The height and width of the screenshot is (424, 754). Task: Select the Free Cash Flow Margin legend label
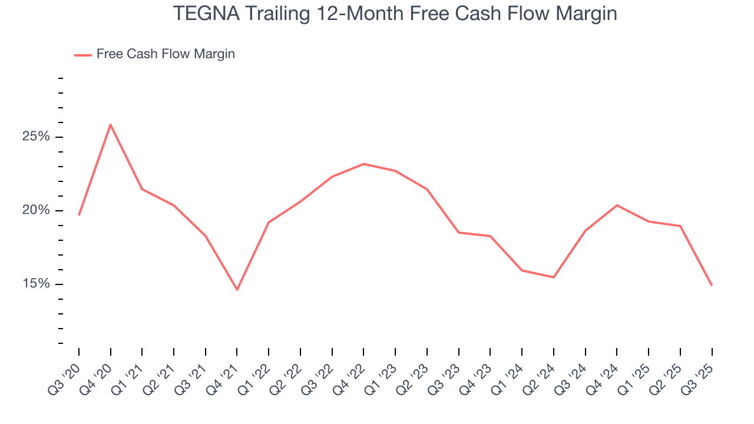tap(166, 54)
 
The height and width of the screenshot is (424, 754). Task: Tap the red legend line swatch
tap(82, 55)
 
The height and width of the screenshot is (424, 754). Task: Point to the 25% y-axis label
tap(35, 137)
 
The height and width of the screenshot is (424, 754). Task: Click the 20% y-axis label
tap(35, 211)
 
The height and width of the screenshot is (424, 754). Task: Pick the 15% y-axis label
tap(35, 284)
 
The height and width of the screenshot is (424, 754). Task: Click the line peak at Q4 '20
tap(110, 124)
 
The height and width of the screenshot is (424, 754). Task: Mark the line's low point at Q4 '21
tap(237, 290)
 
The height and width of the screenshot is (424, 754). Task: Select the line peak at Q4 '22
tap(363, 164)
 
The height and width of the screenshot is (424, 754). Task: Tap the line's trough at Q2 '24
tap(554, 277)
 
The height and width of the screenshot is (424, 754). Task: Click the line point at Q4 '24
tap(617, 205)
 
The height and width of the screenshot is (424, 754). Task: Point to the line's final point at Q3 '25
tap(712, 285)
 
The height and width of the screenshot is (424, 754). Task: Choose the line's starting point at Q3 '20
tap(79, 215)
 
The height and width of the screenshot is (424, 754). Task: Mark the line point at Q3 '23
tap(458, 233)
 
